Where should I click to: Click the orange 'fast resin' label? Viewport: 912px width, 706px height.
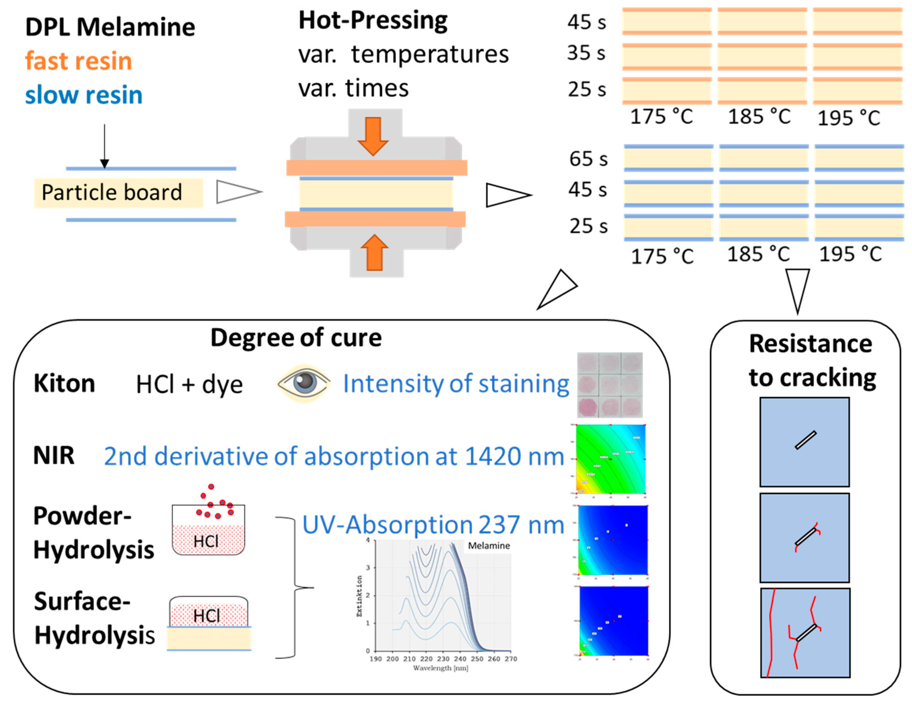pyautogui.click(x=79, y=61)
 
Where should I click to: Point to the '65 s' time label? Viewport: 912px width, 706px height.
pyautogui.click(x=588, y=159)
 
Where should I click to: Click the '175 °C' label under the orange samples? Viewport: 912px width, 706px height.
pyautogui.click(x=661, y=116)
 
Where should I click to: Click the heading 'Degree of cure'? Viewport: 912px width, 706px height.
pyautogui.click(x=296, y=338)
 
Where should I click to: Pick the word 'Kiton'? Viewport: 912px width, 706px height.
pyautogui.click(x=64, y=383)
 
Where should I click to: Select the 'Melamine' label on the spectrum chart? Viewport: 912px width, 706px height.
pyautogui.click(x=489, y=546)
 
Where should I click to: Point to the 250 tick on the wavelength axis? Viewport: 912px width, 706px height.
pyautogui.click(x=477, y=659)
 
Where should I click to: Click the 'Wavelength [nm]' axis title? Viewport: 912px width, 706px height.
pyautogui.click(x=441, y=668)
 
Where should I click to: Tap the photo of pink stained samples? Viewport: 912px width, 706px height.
pyautogui.click(x=610, y=385)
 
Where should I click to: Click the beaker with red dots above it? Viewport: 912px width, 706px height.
pyautogui.click(x=208, y=529)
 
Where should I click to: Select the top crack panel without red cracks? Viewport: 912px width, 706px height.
pyautogui.click(x=804, y=442)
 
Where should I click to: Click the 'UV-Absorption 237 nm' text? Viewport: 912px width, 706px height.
pyautogui.click(x=433, y=525)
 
